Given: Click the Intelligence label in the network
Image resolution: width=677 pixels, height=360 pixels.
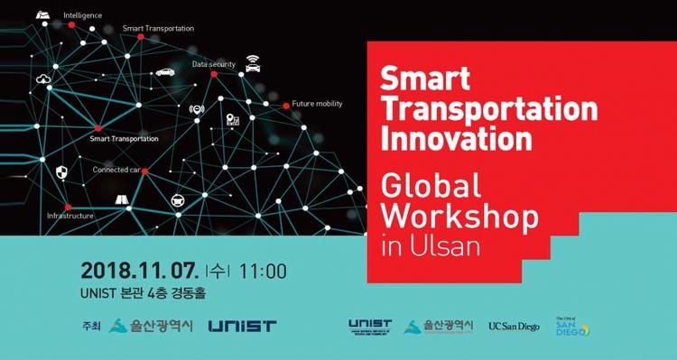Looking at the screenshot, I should [82, 15].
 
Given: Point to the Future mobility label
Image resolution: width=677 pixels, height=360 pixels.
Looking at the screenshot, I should [317, 104].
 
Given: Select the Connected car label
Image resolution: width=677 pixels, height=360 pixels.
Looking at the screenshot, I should [116, 170].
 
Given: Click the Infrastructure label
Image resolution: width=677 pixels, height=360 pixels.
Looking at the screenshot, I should [70, 216].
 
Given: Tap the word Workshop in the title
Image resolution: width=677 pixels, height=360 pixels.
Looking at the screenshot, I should [460, 217].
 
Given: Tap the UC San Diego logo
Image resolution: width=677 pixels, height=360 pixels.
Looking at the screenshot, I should [514, 327].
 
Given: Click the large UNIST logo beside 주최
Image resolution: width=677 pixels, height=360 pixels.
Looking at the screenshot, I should [242, 326].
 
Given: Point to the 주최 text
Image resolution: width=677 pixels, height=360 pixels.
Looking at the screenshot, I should [91, 326].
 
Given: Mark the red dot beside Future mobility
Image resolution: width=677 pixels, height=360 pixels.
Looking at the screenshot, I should [286, 106].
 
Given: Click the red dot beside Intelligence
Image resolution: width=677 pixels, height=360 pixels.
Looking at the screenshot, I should [59, 16].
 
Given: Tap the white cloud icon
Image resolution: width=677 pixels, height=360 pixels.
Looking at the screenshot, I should [42, 79].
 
